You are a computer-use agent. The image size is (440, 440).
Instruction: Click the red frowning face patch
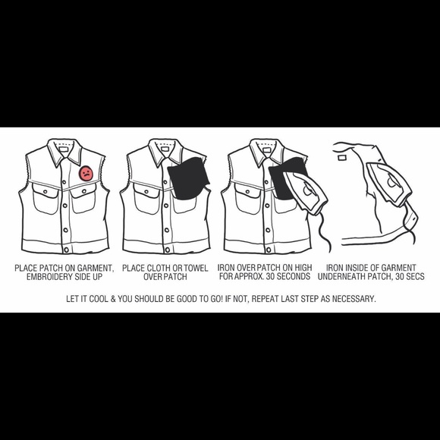pyautogui.click(x=86, y=174)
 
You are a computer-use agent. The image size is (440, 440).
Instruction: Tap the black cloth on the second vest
pyautogui.click(x=188, y=178)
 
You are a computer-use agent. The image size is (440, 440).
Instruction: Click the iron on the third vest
pyautogui.click(x=305, y=192)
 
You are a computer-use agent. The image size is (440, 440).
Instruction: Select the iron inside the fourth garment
pyautogui.click(x=389, y=184)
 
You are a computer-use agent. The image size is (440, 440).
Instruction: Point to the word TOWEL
pyautogui.click(x=196, y=269)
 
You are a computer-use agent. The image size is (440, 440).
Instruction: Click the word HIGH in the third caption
pyautogui.click(x=303, y=268)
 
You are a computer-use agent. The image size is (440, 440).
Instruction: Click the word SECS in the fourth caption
pyautogui.click(x=415, y=277)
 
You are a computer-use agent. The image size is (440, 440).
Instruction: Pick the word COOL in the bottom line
pyautogui.click(x=98, y=299)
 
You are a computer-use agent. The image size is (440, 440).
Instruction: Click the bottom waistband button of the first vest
pyautogui.click(x=67, y=250)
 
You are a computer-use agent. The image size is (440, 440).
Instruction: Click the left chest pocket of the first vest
pyautogui.click(x=46, y=199)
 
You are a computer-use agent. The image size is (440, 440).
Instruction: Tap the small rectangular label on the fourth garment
pyautogui.click(x=342, y=158)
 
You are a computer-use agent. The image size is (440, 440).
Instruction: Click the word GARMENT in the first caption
pyautogui.click(x=96, y=269)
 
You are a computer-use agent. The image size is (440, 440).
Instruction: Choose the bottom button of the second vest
pyautogui.click(x=168, y=250)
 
